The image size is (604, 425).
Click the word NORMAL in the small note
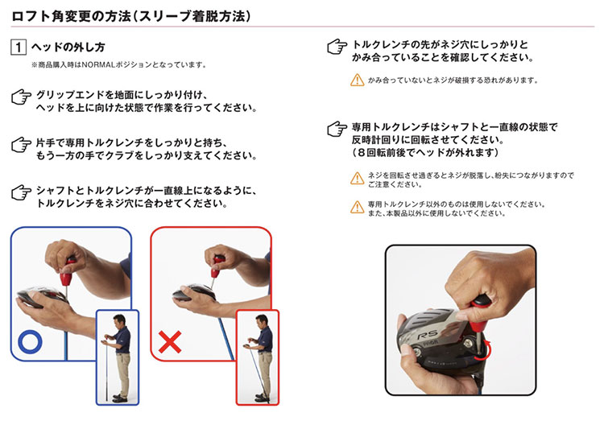(x=101, y=64)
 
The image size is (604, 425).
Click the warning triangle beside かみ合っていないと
(x=357, y=80)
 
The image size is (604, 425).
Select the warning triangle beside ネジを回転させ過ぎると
(x=357, y=178)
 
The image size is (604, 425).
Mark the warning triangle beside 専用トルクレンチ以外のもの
(x=357, y=208)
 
